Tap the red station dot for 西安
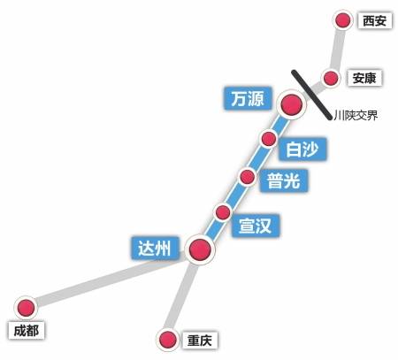(342, 20)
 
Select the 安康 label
(364, 78)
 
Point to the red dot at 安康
(331, 79)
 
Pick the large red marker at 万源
(291, 104)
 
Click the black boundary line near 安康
(310, 92)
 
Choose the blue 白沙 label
(302, 149)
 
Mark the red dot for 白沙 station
(269, 139)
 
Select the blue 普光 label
(283, 180)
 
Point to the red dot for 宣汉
(223, 212)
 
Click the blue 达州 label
(159, 247)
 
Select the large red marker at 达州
(201, 250)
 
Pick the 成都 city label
(26, 330)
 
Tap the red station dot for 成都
(27, 307)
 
